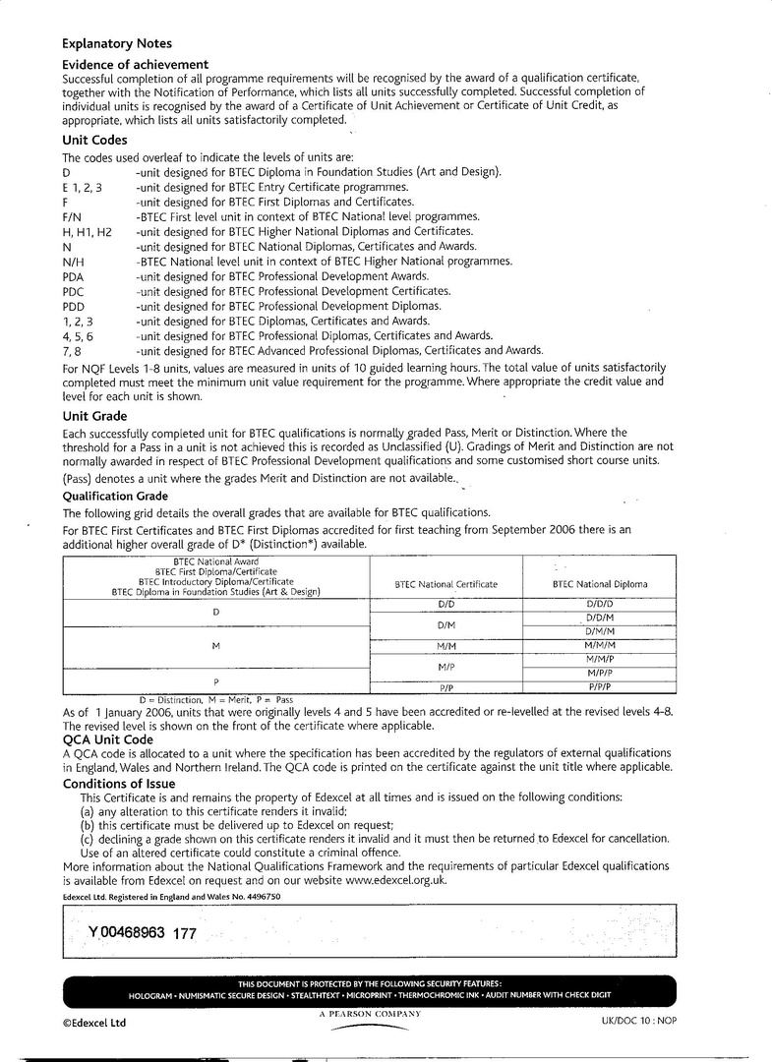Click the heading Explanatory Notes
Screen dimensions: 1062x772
(116, 43)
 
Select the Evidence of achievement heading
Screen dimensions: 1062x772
(135, 64)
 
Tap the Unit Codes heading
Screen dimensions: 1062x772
(94, 141)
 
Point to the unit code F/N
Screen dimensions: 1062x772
(72, 216)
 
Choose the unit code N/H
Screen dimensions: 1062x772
(73, 262)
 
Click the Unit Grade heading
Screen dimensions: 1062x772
(94, 416)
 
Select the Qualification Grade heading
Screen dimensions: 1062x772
(115, 497)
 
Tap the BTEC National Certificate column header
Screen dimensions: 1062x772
(445, 584)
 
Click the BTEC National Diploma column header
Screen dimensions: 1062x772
(600, 584)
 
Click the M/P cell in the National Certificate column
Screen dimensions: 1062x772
(445, 666)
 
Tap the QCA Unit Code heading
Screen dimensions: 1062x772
(107, 739)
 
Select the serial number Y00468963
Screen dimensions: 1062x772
(126, 932)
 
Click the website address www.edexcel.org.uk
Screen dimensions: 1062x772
(396, 880)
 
